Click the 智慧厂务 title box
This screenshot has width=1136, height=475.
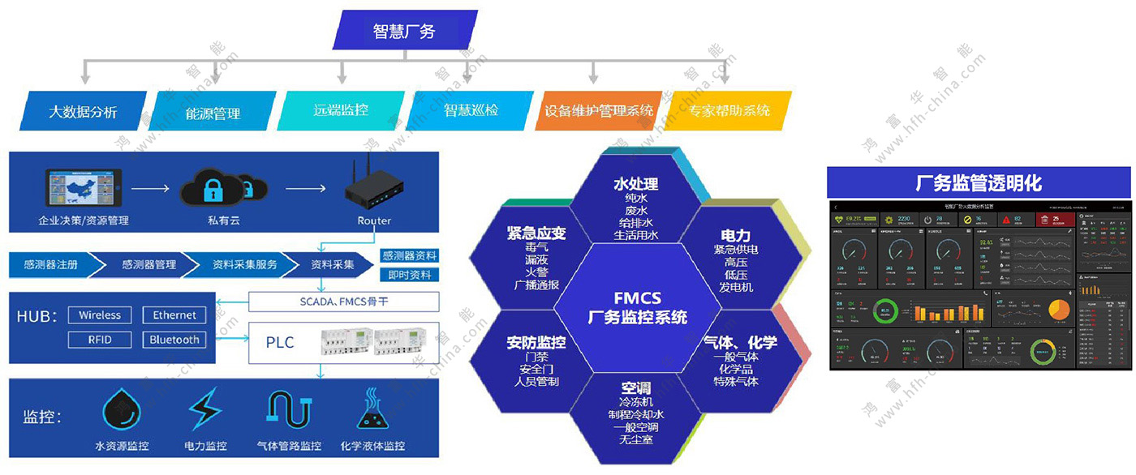click(404, 31)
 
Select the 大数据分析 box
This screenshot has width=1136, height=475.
click(83, 111)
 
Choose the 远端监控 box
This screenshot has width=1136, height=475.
click(341, 109)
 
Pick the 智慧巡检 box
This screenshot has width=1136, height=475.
click(471, 109)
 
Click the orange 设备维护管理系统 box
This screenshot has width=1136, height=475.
click(599, 110)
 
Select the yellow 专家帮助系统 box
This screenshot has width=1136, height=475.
click(729, 109)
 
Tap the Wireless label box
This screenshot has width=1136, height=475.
click(100, 315)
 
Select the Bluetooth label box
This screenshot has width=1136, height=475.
click(174, 340)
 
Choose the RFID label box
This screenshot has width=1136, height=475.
click(100, 340)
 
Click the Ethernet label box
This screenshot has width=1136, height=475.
click(174, 315)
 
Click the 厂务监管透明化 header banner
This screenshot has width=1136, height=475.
click(979, 182)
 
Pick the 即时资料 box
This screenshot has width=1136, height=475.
click(409, 275)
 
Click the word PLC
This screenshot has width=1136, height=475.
click(279, 342)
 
